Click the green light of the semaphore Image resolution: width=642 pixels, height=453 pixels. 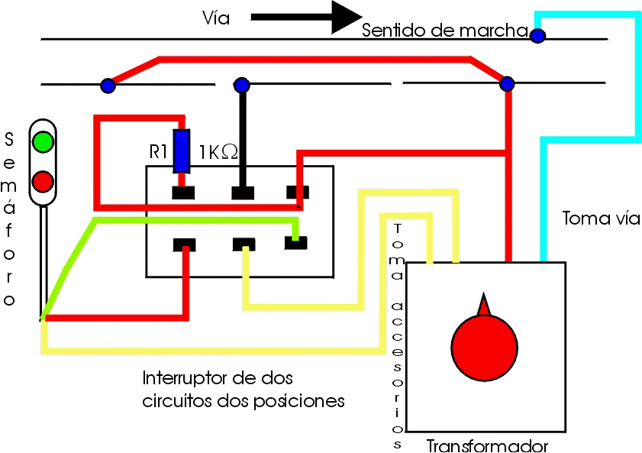(43, 142)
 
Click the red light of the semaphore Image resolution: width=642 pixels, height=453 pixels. (43, 182)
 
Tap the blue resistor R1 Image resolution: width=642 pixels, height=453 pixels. (181, 150)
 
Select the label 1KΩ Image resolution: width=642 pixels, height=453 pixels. (218, 152)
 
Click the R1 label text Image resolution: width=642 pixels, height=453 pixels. (158, 152)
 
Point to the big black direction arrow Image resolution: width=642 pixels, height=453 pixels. (306, 18)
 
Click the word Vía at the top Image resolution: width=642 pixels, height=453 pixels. (216, 18)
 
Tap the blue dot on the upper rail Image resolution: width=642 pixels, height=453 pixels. (537, 36)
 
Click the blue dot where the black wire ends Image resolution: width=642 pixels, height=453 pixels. (241, 85)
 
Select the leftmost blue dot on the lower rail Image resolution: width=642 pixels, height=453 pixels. (108, 86)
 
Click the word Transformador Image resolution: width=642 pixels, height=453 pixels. (487, 445)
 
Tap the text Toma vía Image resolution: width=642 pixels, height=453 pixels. (601, 218)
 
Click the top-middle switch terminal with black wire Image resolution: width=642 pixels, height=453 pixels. (243, 193)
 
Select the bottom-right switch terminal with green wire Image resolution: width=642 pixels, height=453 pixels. (295, 243)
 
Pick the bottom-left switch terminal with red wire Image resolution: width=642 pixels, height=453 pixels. (184, 245)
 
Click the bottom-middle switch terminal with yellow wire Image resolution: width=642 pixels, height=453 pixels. (244, 244)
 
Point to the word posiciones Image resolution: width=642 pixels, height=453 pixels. (299, 400)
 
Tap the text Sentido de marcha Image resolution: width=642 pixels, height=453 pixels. (445, 31)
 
